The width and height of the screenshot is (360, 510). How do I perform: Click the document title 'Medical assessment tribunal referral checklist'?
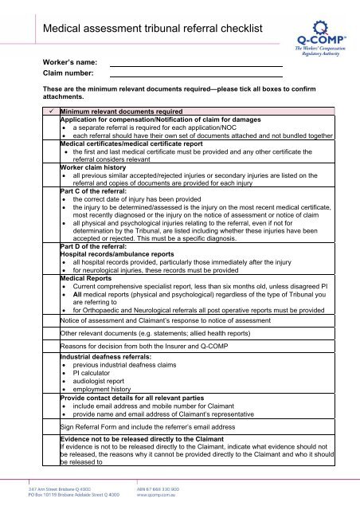(153, 29)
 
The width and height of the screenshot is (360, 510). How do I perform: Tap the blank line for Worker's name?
(195, 62)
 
